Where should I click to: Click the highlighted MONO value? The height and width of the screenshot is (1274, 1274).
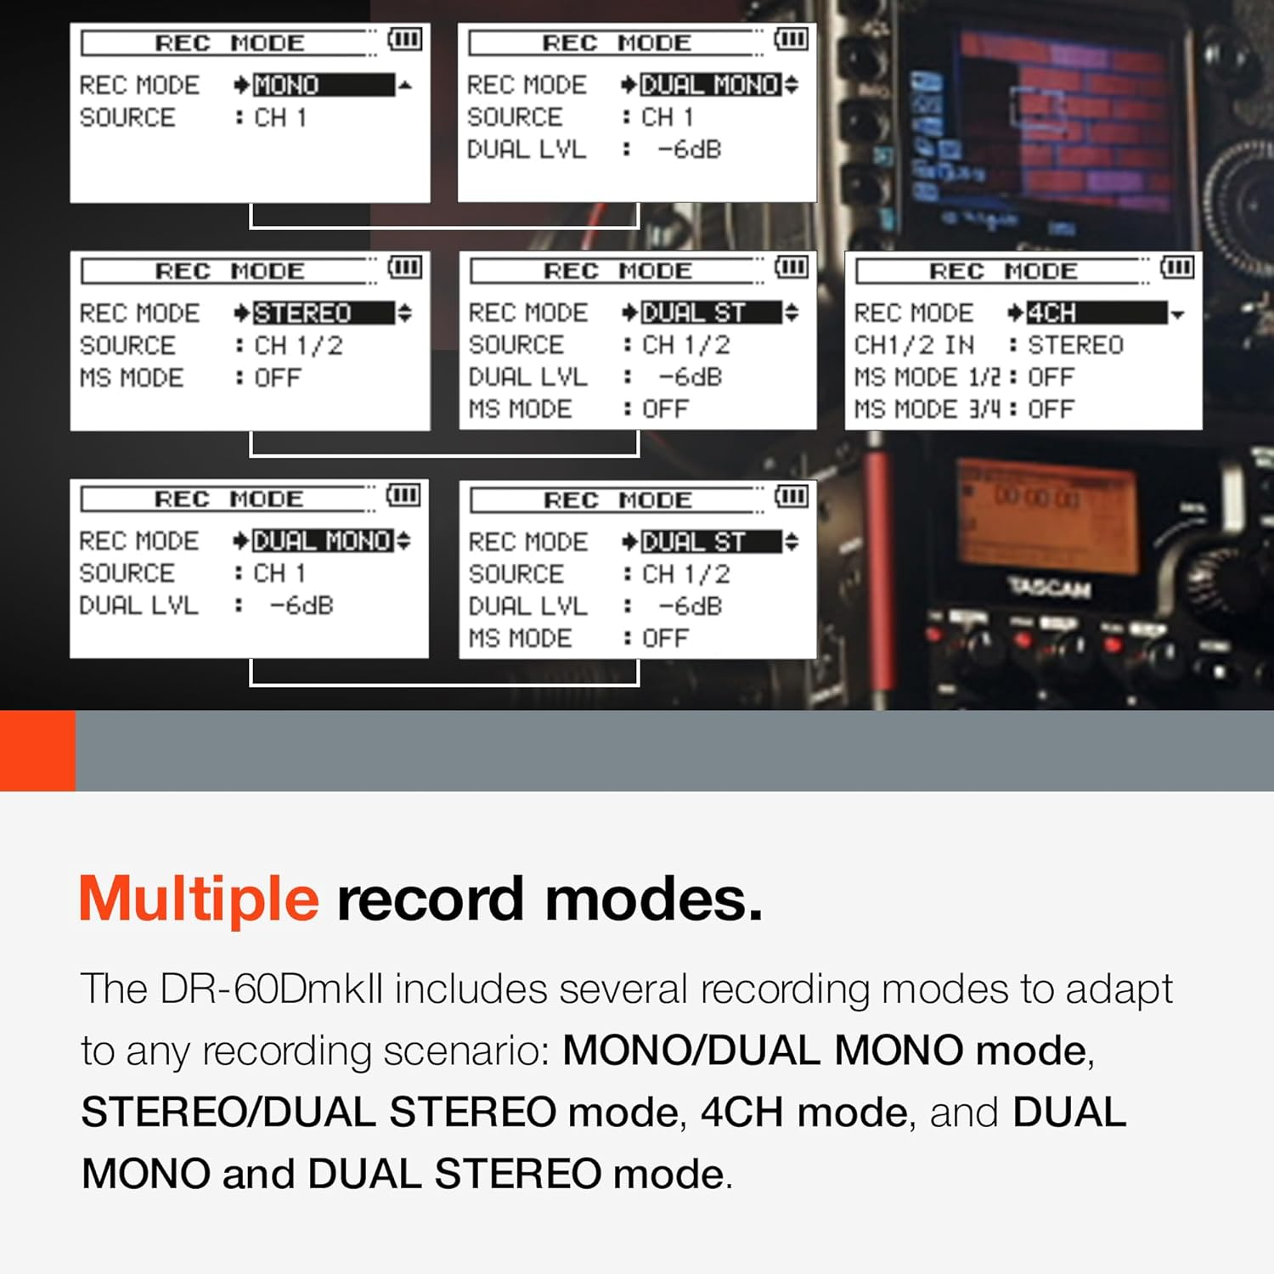tap(323, 85)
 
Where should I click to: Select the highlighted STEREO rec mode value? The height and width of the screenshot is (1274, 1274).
tap(323, 313)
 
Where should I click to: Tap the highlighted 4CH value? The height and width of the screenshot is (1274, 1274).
tap(1096, 313)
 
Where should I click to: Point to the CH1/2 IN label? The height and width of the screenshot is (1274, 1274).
tap(914, 346)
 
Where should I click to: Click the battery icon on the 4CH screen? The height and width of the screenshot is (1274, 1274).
tap(1177, 268)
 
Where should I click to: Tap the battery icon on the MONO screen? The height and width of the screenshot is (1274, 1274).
tap(404, 39)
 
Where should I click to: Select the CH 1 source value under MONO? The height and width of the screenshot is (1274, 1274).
tap(280, 118)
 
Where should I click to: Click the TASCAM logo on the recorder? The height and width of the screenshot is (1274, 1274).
tap(1049, 587)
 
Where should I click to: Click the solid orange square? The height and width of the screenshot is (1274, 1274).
tap(37, 751)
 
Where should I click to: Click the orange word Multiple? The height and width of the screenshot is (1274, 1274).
tap(199, 899)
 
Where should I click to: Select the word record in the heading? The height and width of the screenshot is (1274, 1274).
tap(430, 899)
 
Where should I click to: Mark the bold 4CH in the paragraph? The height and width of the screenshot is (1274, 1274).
tap(741, 1113)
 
